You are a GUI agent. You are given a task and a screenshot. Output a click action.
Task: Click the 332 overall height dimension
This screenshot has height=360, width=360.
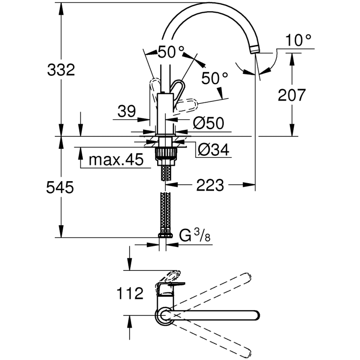pos(61,70)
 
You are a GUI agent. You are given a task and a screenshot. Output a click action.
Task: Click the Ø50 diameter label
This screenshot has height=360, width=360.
pos(208,122)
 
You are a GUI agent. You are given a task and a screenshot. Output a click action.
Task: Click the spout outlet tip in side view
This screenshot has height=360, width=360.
pos(255,49)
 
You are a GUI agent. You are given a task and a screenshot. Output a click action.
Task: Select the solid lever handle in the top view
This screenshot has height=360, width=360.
pos(169,288)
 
